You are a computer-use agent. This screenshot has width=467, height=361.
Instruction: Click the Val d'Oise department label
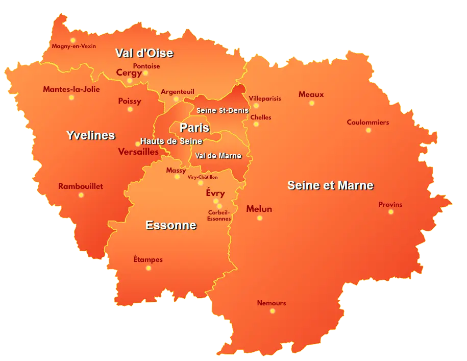144,53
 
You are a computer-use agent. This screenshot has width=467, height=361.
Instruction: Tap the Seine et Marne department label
330,185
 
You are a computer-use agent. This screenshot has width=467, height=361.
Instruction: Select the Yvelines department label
91,135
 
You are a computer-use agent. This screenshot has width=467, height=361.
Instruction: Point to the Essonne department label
170,225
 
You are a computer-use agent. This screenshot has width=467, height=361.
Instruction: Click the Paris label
194,128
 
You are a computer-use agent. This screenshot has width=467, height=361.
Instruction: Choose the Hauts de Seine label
171,141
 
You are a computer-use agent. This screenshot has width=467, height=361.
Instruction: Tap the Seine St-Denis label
223,110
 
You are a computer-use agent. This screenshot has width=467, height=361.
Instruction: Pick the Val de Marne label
218,156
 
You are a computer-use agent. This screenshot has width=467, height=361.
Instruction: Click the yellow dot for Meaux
311,103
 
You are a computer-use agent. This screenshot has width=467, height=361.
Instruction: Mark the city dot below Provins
391,212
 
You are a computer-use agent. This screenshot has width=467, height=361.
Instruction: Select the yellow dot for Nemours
272,311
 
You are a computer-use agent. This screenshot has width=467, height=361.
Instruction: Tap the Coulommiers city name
367,123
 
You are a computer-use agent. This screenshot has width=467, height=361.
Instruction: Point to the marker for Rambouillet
81,195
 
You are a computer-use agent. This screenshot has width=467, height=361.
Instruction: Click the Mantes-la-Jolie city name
71,89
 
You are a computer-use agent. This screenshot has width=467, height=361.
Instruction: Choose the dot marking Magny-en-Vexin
73,40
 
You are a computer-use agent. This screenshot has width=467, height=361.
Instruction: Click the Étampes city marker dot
149,268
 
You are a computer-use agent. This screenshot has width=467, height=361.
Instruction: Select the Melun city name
259,209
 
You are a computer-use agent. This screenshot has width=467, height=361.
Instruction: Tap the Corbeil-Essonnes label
219,215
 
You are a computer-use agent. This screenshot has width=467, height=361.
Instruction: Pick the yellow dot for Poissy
130,109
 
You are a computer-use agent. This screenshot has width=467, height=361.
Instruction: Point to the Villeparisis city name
265,99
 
